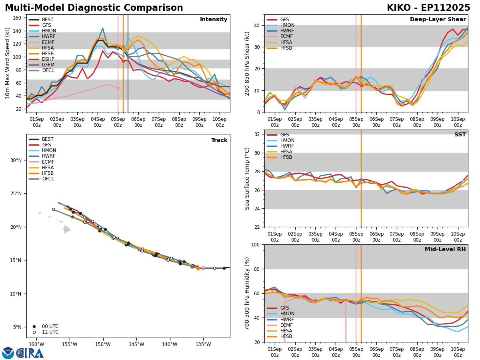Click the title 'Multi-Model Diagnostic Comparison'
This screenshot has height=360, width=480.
coord(94,8)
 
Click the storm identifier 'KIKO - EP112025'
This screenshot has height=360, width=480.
coord(428,8)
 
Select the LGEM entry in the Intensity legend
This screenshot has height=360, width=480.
coord(48,65)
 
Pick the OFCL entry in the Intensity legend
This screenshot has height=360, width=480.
coord(48,70)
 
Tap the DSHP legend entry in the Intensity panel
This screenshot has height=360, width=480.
coord(48,59)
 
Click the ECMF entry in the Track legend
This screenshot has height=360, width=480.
coord(48,162)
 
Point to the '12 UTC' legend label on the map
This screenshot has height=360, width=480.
coord(50,332)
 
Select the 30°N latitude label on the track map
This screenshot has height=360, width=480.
coord(16,160)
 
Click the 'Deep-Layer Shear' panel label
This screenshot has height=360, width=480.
coord(438,20)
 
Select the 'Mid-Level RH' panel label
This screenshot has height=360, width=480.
coord(445,250)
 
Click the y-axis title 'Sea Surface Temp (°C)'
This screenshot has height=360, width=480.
coord(247,178)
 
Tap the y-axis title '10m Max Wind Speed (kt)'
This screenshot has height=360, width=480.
coord(8,63)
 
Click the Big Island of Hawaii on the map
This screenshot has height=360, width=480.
coord(67,230)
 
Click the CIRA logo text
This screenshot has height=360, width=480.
coord(30,353)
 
